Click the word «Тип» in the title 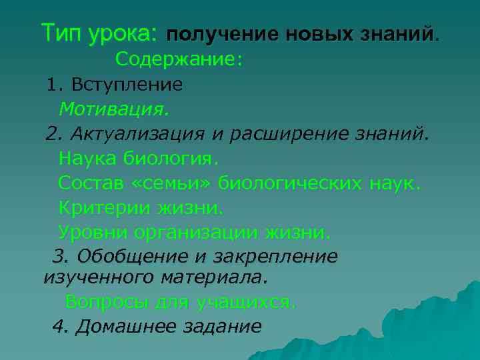[x=62, y=31]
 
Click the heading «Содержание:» [x=179, y=60]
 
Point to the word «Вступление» [x=126, y=85]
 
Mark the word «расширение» [x=301, y=133]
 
